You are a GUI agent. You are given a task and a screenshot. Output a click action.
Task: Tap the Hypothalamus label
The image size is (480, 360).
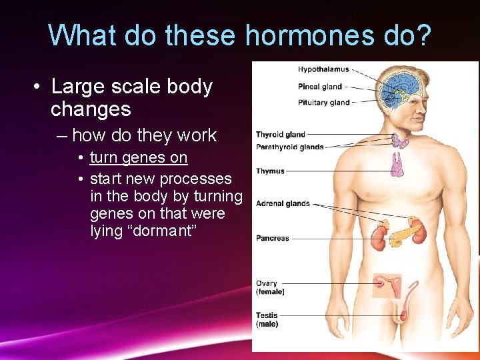pyautogui.click(x=323, y=69)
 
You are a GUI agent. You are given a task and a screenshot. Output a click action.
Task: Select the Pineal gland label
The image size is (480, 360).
pyautogui.click(x=320, y=86)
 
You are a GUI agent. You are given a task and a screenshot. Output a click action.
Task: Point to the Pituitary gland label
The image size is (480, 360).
pyautogui.click(x=323, y=103)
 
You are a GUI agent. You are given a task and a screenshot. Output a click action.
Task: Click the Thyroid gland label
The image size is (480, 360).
pyautogui.click(x=281, y=135)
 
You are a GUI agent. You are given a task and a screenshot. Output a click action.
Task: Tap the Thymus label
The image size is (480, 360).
pyautogui.click(x=270, y=171)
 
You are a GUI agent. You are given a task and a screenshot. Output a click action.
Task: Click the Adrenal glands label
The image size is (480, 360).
pyautogui.click(x=283, y=203)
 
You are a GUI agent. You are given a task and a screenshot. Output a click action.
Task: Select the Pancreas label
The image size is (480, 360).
pyautogui.click(x=273, y=238)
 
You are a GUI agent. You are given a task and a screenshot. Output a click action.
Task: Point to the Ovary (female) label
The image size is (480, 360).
pyautogui.click(x=270, y=287)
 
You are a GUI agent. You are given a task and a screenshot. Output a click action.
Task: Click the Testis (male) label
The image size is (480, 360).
pyautogui.click(x=267, y=319)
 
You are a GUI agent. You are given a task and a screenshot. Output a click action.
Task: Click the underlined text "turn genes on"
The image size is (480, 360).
pyautogui.click(x=139, y=158)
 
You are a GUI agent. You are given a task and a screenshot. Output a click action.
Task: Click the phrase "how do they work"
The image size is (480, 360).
pyautogui.click(x=144, y=135)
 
